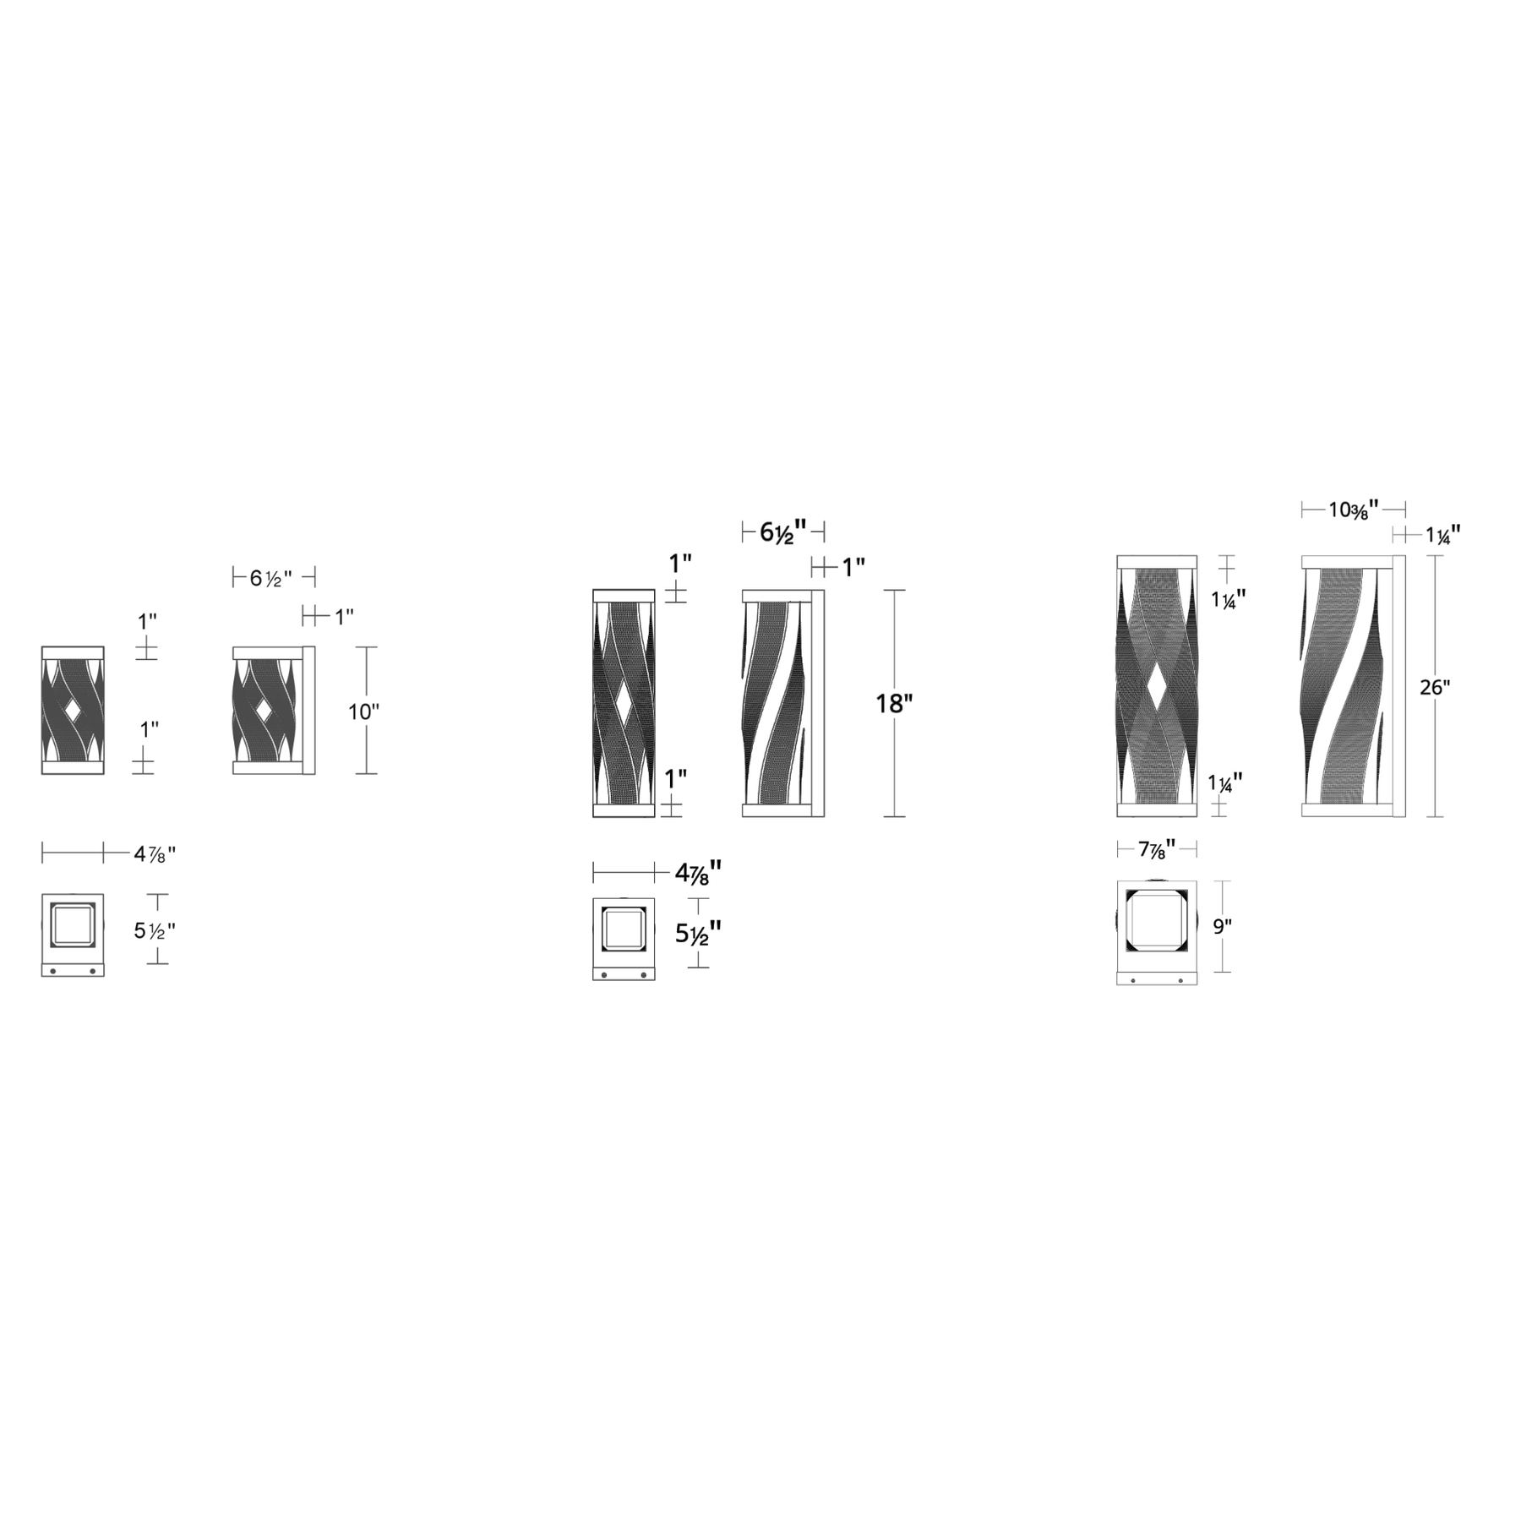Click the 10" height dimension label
[x=364, y=712]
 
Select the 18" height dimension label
[x=894, y=704]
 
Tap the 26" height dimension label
[x=1435, y=688]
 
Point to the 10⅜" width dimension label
[x=1354, y=510]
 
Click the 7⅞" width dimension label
[x=1157, y=849]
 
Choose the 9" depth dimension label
[x=1223, y=927]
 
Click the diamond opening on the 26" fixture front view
[x=1157, y=686]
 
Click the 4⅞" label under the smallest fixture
[x=155, y=854]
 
